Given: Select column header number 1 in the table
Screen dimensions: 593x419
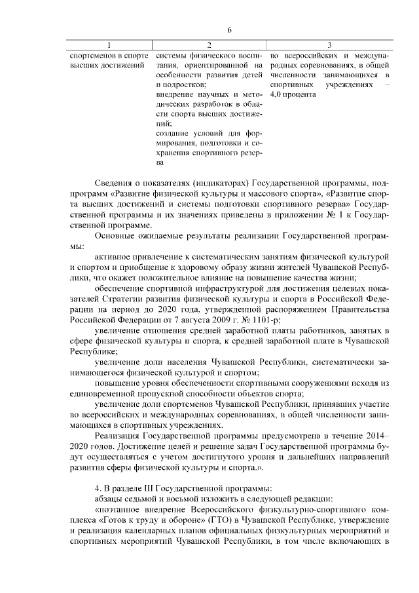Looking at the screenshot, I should [109, 45].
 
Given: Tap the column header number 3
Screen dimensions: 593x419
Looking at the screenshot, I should [329, 45].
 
